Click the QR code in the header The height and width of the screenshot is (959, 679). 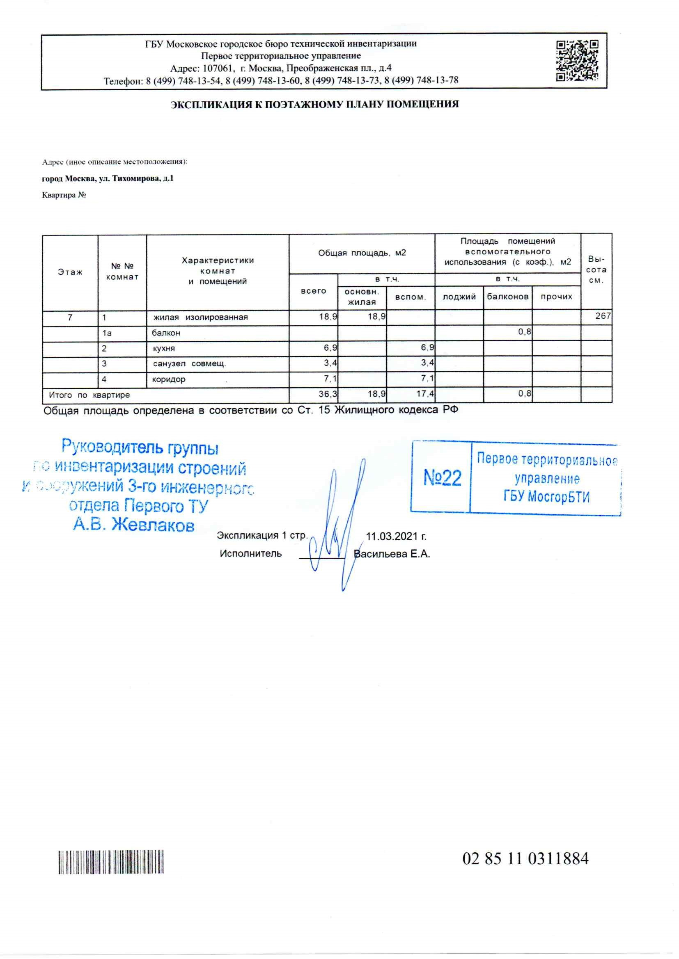pos(577,61)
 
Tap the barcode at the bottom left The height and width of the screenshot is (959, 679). pos(111,862)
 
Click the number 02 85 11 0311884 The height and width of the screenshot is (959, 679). pos(525,859)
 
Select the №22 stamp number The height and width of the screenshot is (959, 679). pos(443,478)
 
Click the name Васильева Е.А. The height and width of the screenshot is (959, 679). pos(392,554)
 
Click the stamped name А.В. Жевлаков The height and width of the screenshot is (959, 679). pos(134,525)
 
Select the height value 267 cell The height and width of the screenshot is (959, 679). pos(603,316)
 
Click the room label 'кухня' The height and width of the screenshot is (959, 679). pos(164,348)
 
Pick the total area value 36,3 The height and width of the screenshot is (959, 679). pos(328,393)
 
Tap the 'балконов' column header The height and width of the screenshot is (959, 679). pos(507,297)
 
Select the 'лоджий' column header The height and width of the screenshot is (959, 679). pos(459,297)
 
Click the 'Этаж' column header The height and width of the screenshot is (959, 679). pos(70,272)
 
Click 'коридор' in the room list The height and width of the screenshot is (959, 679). pos(168,379)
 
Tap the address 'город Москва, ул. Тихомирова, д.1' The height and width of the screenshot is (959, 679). pos(108,178)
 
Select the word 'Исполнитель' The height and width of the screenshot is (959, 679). pos(251,554)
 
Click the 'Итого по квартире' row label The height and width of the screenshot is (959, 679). pos(89,395)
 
